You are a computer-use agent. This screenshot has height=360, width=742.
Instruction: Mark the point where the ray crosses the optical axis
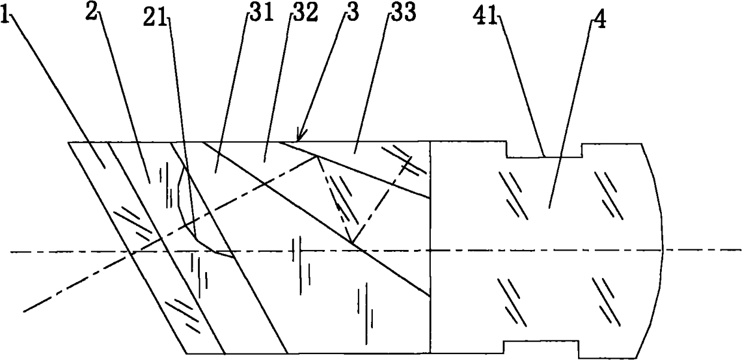pyautogui.click(x=132, y=251)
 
